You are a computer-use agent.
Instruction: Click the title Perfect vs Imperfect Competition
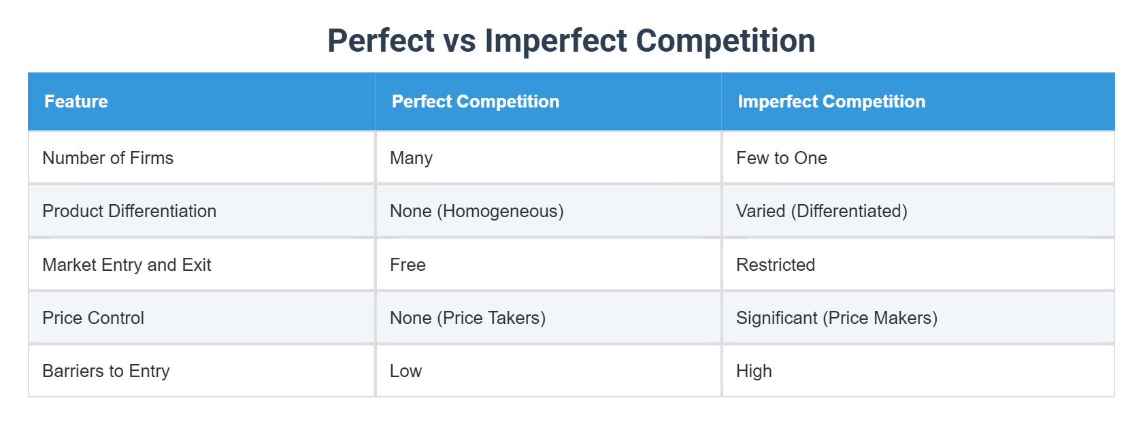tap(571, 40)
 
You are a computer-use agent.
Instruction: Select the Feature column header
tap(76, 101)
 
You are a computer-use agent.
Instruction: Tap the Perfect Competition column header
tap(476, 101)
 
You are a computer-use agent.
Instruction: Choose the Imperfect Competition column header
tap(831, 101)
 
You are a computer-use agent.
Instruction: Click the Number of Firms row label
tap(108, 158)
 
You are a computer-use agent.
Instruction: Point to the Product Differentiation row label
tap(129, 211)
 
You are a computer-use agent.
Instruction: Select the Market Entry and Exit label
tap(127, 265)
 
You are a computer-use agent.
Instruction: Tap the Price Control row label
tap(93, 318)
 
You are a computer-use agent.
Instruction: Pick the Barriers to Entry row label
tap(106, 371)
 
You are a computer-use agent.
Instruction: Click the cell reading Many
tap(411, 158)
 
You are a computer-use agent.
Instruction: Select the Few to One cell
tap(782, 158)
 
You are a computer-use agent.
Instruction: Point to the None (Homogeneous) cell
tap(477, 211)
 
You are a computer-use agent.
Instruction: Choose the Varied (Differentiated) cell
tap(822, 211)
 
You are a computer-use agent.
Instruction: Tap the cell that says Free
tap(408, 265)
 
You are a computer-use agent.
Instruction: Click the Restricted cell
tap(776, 265)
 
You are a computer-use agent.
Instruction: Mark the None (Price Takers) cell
tap(467, 318)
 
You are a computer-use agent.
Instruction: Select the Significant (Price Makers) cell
tap(837, 318)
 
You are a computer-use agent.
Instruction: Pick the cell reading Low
tap(405, 371)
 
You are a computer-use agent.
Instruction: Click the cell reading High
tap(754, 371)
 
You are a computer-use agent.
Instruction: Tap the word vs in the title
tap(459, 41)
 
